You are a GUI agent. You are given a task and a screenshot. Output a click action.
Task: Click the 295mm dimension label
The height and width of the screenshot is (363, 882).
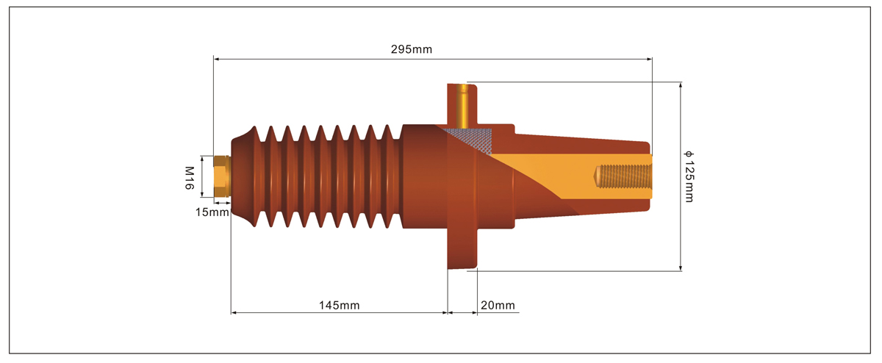click(412, 49)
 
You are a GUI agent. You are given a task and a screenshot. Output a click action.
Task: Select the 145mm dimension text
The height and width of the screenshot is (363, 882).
click(339, 305)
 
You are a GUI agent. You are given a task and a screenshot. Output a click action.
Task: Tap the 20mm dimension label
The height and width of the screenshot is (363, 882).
click(498, 305)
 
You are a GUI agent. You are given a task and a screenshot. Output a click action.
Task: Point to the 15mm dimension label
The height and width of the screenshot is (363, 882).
click(212, 212)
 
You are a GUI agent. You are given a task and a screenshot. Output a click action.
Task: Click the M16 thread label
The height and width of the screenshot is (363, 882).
click(190, 178)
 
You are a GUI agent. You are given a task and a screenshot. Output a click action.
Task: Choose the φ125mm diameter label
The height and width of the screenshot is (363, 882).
click(689, 176)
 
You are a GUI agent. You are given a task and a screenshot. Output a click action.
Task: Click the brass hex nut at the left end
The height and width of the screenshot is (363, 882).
click(222, 176)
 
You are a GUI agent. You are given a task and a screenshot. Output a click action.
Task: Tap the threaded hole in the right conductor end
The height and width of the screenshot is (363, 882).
click(623, 176)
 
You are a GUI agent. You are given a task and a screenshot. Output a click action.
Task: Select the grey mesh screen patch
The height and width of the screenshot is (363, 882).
click(469, 140)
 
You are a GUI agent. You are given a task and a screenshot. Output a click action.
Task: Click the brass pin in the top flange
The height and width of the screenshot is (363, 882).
click(462, 107)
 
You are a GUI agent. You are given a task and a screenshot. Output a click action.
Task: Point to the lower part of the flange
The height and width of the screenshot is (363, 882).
click(462, 248)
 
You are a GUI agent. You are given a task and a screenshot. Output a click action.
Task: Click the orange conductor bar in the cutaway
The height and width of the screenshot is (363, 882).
click(571, 176)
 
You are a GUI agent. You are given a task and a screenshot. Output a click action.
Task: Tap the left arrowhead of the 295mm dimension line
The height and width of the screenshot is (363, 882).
click(216, 59)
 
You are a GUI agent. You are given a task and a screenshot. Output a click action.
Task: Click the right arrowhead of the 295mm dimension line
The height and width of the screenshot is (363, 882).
click(649, 59)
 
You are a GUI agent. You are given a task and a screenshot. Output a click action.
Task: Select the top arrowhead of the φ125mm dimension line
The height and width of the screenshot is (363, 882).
click(681, 85)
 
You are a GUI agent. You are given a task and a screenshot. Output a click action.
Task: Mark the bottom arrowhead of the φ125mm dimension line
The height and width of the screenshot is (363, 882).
click(681, 267)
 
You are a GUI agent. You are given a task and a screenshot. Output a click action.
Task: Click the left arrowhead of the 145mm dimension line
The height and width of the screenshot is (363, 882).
click(234, 312)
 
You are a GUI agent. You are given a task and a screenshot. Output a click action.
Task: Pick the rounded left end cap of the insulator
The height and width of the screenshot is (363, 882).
click(242, 176)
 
